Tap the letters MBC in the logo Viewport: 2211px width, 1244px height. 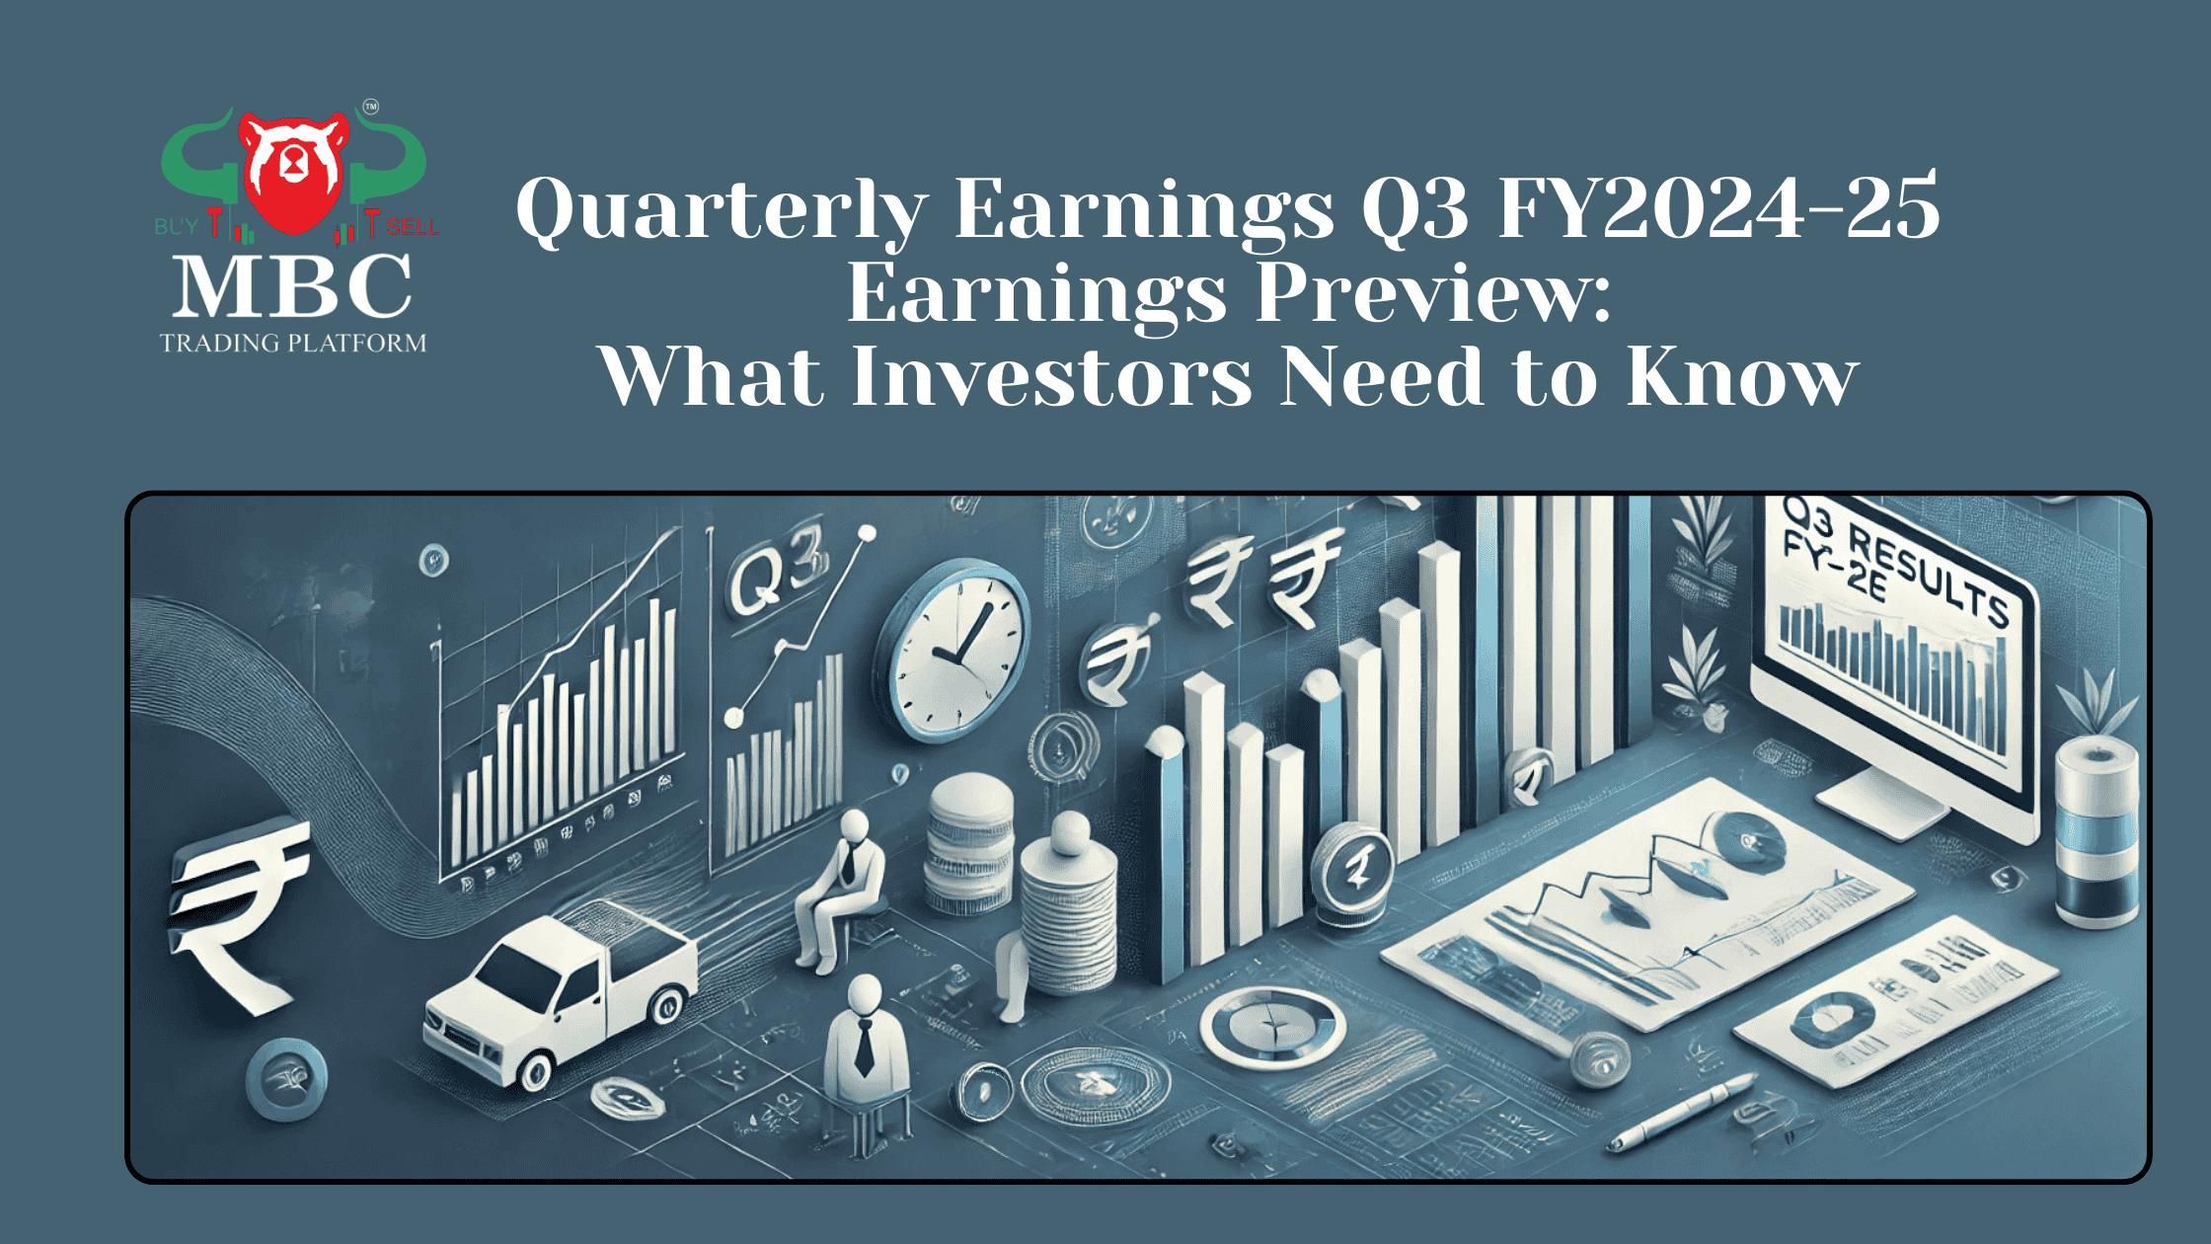[x=293, y=286]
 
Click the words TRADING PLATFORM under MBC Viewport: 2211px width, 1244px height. [x=293, y=344]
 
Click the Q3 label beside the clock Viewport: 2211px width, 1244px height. [x=770, y=583]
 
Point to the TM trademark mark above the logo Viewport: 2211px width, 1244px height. [x=370, y=105]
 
